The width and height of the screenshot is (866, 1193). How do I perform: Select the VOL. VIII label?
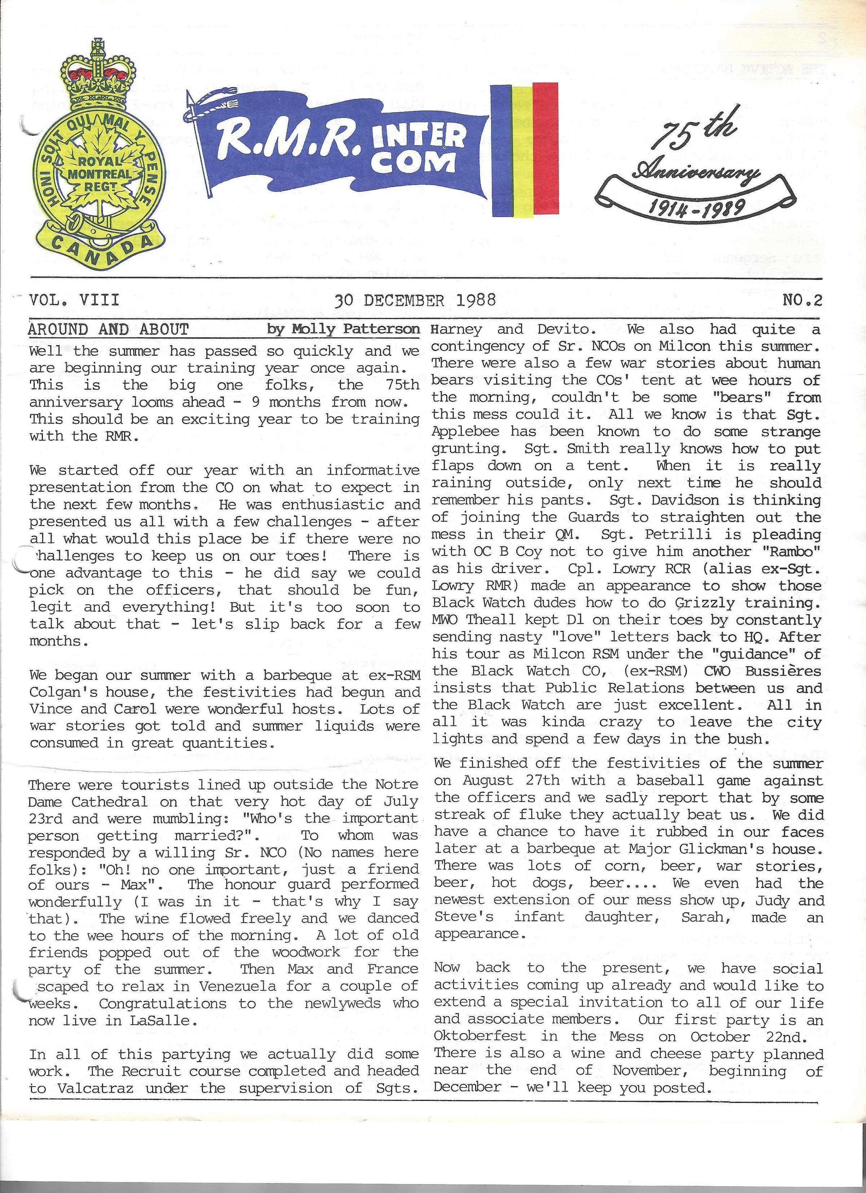pos(74,300)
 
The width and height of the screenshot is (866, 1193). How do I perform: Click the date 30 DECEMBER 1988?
pos(415,300)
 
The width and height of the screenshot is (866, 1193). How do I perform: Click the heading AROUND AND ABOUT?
pos(108,330)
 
